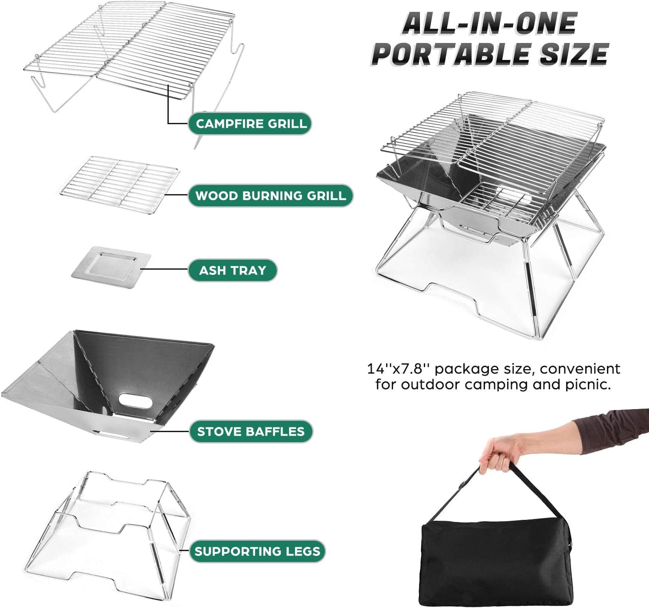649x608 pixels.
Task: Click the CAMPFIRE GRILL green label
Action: pos(250,124)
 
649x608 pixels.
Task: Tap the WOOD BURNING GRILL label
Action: pos(270,196)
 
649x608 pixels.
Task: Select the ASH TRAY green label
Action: pos(233,271)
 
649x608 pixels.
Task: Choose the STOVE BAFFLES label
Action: pos(251,432)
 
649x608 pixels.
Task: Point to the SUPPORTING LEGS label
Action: pos(257,552)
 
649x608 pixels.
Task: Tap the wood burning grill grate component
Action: pos(120,184)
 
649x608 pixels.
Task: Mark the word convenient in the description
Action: pos(580,369)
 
